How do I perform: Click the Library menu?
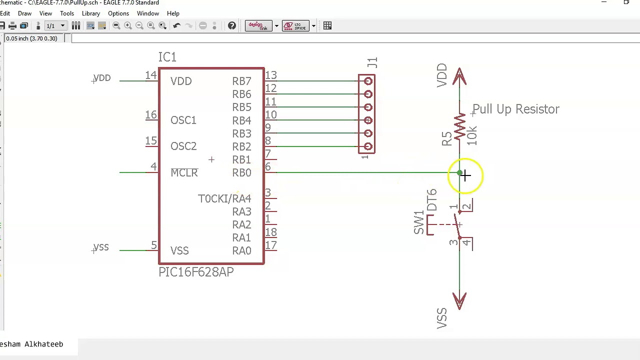point(91,13)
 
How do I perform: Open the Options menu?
point(118,13)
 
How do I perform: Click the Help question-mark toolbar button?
point(231,25)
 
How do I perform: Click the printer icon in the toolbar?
point(12,25)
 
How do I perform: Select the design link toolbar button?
point(258,25)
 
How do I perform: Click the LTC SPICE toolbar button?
point(295,25)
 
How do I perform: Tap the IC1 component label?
point(167,57)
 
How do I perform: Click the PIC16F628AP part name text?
point(196,272)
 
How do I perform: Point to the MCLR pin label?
point(184,172)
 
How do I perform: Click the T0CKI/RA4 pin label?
point(224,198)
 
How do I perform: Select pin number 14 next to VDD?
point(151,75)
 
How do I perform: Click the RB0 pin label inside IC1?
point(241,172)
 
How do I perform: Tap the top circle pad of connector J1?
point(368,81)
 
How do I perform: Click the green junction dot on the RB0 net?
point(459,172)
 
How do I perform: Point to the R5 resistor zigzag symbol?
point(459,126)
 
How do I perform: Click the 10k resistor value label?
point(471,135)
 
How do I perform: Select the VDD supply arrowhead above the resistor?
point(459,76)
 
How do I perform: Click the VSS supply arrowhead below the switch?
point(459,301)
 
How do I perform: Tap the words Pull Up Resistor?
point(516,109)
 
